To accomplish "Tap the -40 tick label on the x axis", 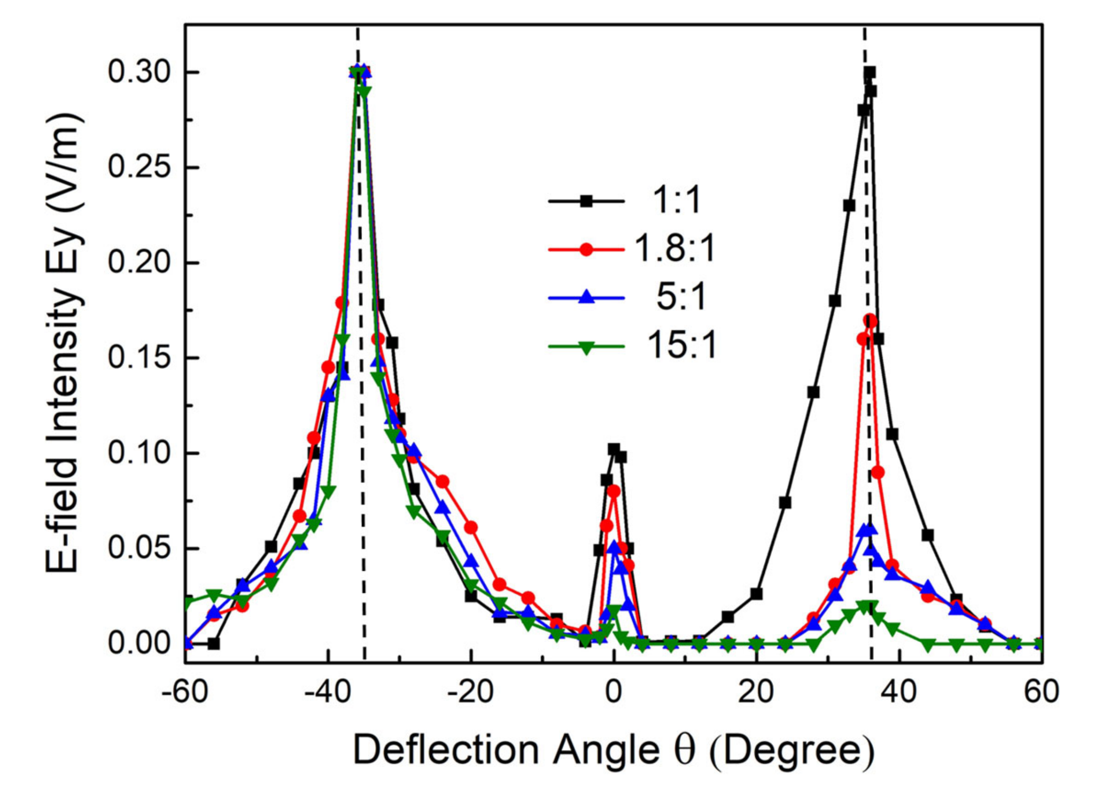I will pyautogui.click(x=326, y=693).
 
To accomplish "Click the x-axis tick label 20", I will pyautogui.click(x=756, y=693).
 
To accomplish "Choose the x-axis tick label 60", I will pyautogui.click(x=1041, y=693).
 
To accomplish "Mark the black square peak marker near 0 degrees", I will pyautogui.click(x=614, y=449).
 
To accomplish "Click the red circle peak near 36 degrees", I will pyautogui.click(x=870, y=321).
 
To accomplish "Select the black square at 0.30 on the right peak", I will pyautogui.click(x=869, y=73).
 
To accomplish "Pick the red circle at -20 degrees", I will pyautogui.click(x=471, y=528).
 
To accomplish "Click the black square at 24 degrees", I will pyautogui.click(x=785, y=503).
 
